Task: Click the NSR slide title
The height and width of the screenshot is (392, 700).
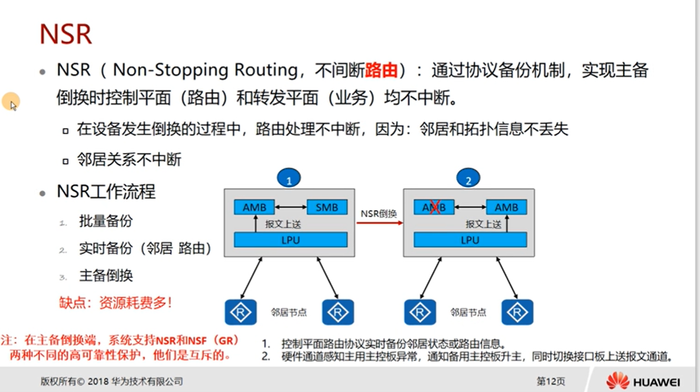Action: click(x=66, y=34)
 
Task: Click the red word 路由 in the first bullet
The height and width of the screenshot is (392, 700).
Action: click(x=381, y=70)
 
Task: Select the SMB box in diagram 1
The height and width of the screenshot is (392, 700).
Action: click(x=327, y=207)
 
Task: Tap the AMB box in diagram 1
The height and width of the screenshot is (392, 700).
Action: click(x=254, y=207)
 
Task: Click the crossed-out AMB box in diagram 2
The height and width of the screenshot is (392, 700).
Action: click(x=434, y=207)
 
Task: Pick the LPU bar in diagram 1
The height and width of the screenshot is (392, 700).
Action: click(x=290, y=240)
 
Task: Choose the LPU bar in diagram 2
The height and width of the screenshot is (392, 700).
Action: click(x=470, y=240)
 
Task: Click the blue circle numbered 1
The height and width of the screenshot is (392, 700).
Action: click(x=289, y=178)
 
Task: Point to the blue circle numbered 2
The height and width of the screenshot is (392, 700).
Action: click(x=468, y=178)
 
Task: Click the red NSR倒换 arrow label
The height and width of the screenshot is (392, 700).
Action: click(x=379, y=214)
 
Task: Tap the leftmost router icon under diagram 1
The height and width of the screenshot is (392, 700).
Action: click(x=240, y=312)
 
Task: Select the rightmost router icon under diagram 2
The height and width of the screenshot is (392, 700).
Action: click(x=517, y=312)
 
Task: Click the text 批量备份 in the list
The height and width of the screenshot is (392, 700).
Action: click(x=106, y=221)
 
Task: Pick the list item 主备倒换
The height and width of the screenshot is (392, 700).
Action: click(x=106, y=275)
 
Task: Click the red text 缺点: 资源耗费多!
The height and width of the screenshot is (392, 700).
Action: click(x=115, y=303)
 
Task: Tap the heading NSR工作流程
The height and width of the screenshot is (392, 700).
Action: click(x=106, y=192)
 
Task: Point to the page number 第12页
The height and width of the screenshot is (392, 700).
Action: click(x=550, y=381)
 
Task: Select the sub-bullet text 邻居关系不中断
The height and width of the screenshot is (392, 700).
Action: click(x=129, y=159)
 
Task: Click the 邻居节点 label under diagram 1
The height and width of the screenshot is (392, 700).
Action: click(x=288, y=312)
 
